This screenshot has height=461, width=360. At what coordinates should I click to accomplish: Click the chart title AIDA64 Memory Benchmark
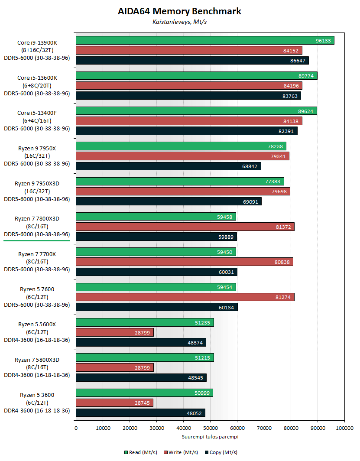180,11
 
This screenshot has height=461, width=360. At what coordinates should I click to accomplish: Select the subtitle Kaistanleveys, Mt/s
180,22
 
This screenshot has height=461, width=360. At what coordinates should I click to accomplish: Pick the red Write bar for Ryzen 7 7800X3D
185,227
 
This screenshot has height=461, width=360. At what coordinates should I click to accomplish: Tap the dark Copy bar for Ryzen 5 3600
140,413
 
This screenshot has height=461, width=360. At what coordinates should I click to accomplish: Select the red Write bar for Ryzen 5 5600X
115,332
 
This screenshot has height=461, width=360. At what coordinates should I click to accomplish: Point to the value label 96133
324,41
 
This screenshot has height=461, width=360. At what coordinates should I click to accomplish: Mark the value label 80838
282,262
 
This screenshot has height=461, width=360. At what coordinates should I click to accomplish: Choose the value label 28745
143,403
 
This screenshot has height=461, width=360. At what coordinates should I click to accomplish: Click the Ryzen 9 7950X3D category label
37,191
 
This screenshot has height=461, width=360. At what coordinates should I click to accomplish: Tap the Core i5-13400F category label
37,120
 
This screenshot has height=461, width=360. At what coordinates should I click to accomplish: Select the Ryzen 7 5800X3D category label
37,367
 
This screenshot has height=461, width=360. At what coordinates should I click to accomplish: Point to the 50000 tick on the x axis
210,429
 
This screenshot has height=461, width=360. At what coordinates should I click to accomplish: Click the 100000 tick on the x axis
344,429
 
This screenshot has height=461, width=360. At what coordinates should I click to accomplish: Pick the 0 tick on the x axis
76,429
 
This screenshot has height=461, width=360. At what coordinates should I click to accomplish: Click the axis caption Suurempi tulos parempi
210,437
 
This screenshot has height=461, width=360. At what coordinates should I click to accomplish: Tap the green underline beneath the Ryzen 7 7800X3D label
37,240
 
